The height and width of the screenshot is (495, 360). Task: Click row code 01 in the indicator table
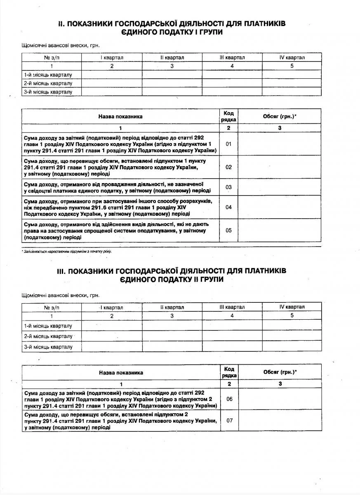tap(229, 144)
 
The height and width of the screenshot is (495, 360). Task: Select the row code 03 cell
tap(229, 187)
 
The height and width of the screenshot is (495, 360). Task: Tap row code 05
tap(229, 230)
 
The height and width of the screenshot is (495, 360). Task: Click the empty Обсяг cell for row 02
tap(280, 167)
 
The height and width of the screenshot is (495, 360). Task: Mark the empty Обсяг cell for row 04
tap(280, 207)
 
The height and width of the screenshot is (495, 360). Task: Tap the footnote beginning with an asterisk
tap(66, 251)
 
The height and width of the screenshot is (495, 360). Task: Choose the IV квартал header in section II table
tap(292, 58)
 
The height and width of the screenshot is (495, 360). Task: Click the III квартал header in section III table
tap(232, 307)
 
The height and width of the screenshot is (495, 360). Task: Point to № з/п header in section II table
tap(52, 58)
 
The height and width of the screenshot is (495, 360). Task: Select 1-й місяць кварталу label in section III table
tap(48, 326)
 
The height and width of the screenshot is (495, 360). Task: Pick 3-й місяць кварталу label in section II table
tap(48, 92)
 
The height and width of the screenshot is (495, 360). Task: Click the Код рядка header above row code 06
tap(229, 372)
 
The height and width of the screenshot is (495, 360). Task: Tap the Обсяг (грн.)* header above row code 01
tap(280, 116)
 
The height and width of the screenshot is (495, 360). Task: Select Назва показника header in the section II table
tap(120, 116)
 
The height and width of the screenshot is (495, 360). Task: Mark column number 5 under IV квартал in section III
tap(292, 316)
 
